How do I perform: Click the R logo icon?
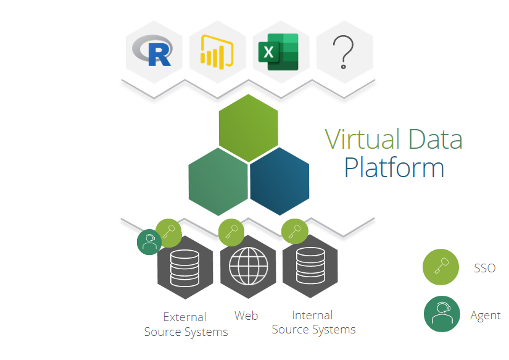pos(154,51)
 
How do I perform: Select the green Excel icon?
pos(281,51)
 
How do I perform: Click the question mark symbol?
pos(344,51)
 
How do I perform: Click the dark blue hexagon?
pos(279,181)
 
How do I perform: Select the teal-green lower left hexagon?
pos(218,181)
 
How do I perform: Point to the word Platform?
pos(394,167)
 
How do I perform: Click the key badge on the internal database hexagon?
pos(294,232)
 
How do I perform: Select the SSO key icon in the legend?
pos(440,267)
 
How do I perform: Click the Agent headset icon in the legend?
pos(441,314)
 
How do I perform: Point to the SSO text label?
pos(485,268)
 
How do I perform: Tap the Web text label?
pos(246,316)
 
